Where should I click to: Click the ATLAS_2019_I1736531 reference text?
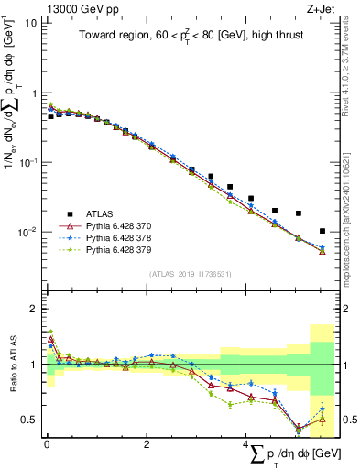[191, 274]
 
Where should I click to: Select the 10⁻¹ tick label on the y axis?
[27, 162]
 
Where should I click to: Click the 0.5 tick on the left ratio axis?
[30, 420]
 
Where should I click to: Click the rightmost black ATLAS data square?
[322, 231]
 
